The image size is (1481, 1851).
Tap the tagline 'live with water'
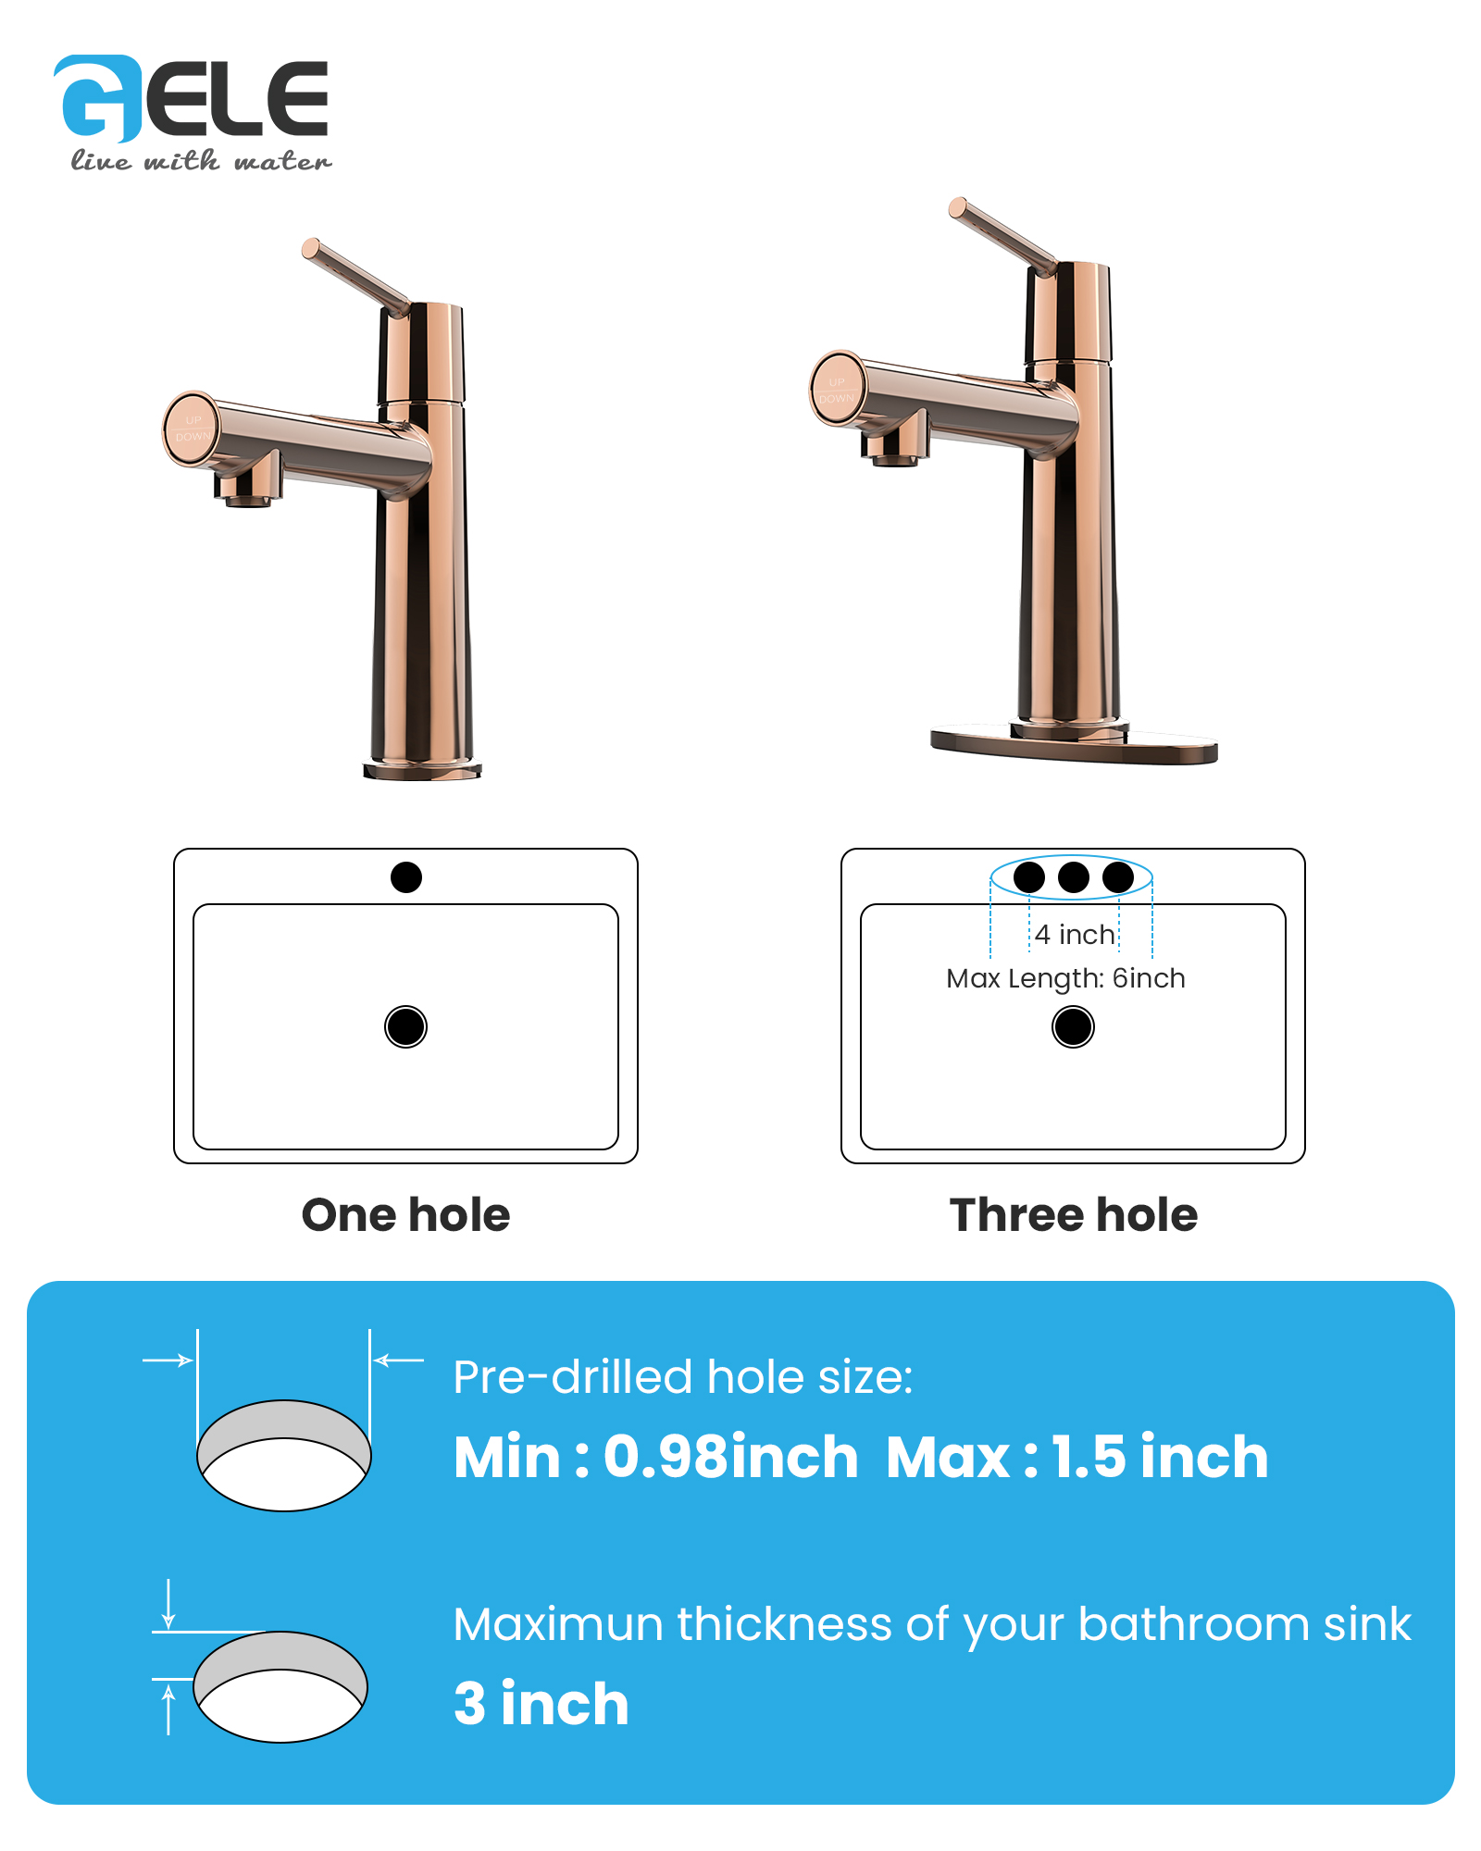click(x=201, y=161)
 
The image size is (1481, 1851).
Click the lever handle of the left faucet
click(x=356, y=277)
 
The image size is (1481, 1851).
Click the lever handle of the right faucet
click(x=1003, y=236)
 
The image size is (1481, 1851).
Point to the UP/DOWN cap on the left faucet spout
click(x=192, y=428)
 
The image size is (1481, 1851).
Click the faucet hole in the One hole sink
click(x=406, y=876)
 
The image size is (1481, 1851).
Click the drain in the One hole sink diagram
click(x=405, y=1026)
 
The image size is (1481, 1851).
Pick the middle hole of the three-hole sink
click(x=1074, y=876)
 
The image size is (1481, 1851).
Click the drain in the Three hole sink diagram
click(x=1074, y=1026)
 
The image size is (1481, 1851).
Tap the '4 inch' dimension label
click(x=1075, y=935)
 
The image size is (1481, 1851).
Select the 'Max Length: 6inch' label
click(x=1065, y=978)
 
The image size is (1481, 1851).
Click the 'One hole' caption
click(x=405, y=1214)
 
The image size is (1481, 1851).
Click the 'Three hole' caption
click(x=1074, y=1214)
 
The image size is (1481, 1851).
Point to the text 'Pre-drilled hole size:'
click(x=683, y=1377)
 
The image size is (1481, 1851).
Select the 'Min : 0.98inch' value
click(x=656, y=1457)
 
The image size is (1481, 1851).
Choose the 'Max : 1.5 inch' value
click(x=1077, y=1457)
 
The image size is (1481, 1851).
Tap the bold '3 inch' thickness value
click(x=541, y=1704)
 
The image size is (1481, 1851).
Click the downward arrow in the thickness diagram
click(x=168, y=1604)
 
